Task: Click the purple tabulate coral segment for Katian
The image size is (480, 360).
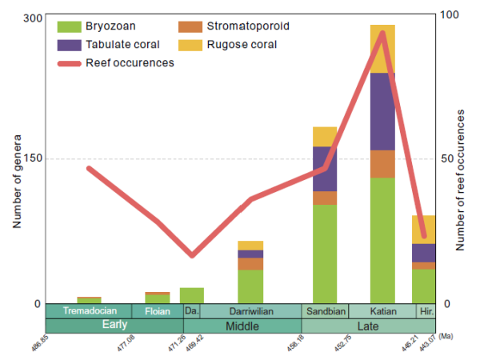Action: pos(382,111)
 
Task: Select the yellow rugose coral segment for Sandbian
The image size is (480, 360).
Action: pos(325,136)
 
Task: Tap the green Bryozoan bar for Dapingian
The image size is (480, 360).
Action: pos(192,295)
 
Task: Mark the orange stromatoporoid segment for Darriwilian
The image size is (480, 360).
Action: pos(250,264)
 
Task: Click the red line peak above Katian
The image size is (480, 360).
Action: pos(382,33)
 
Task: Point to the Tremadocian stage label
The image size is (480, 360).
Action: pos(90,311)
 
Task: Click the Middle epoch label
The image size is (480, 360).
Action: pos(242,326)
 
